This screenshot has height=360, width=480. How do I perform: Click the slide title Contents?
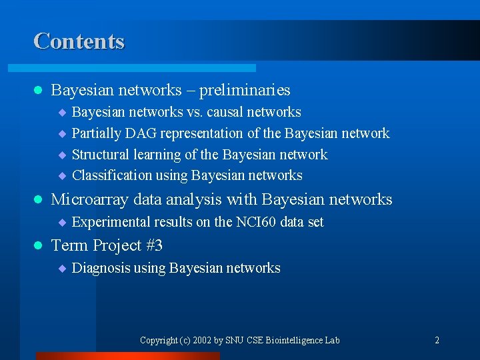point(79,41)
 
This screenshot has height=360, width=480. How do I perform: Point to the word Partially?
point(95,133)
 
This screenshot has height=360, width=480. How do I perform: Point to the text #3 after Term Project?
point(153,245)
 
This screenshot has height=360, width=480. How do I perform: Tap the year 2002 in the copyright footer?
point(201,340)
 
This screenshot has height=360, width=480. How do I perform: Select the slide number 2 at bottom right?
point(437,340)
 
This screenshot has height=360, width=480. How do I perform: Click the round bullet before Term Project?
point(38,246)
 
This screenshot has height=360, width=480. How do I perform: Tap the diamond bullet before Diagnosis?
point(61,269)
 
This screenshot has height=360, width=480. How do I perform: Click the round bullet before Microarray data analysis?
point(38,200)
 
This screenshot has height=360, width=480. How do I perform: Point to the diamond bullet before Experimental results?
point(61,223)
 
